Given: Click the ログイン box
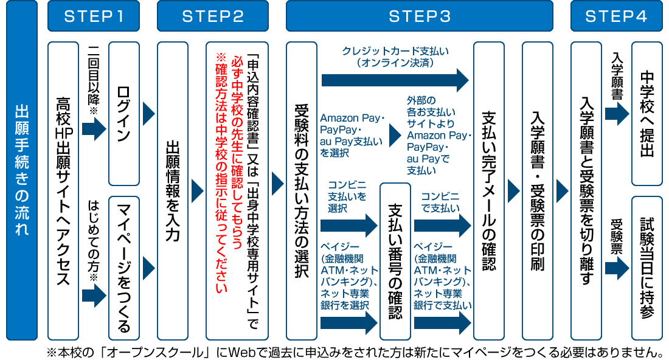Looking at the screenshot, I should coord(123,113).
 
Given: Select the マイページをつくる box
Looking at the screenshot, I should coord(123,268).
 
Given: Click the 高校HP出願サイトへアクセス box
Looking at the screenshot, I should coord(63,190).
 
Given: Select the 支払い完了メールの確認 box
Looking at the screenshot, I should coord(488,190).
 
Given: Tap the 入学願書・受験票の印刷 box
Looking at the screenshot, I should coord(537,190).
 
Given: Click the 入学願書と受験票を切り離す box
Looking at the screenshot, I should coord(586,190).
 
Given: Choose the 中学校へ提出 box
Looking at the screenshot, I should coord(646,113).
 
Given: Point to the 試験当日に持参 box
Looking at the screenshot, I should coord(646,268).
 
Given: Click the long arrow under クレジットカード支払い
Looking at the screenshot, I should coord(395,80).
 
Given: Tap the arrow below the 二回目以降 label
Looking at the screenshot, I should coord(94,128).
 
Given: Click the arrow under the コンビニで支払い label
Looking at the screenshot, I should coord(442,225).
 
